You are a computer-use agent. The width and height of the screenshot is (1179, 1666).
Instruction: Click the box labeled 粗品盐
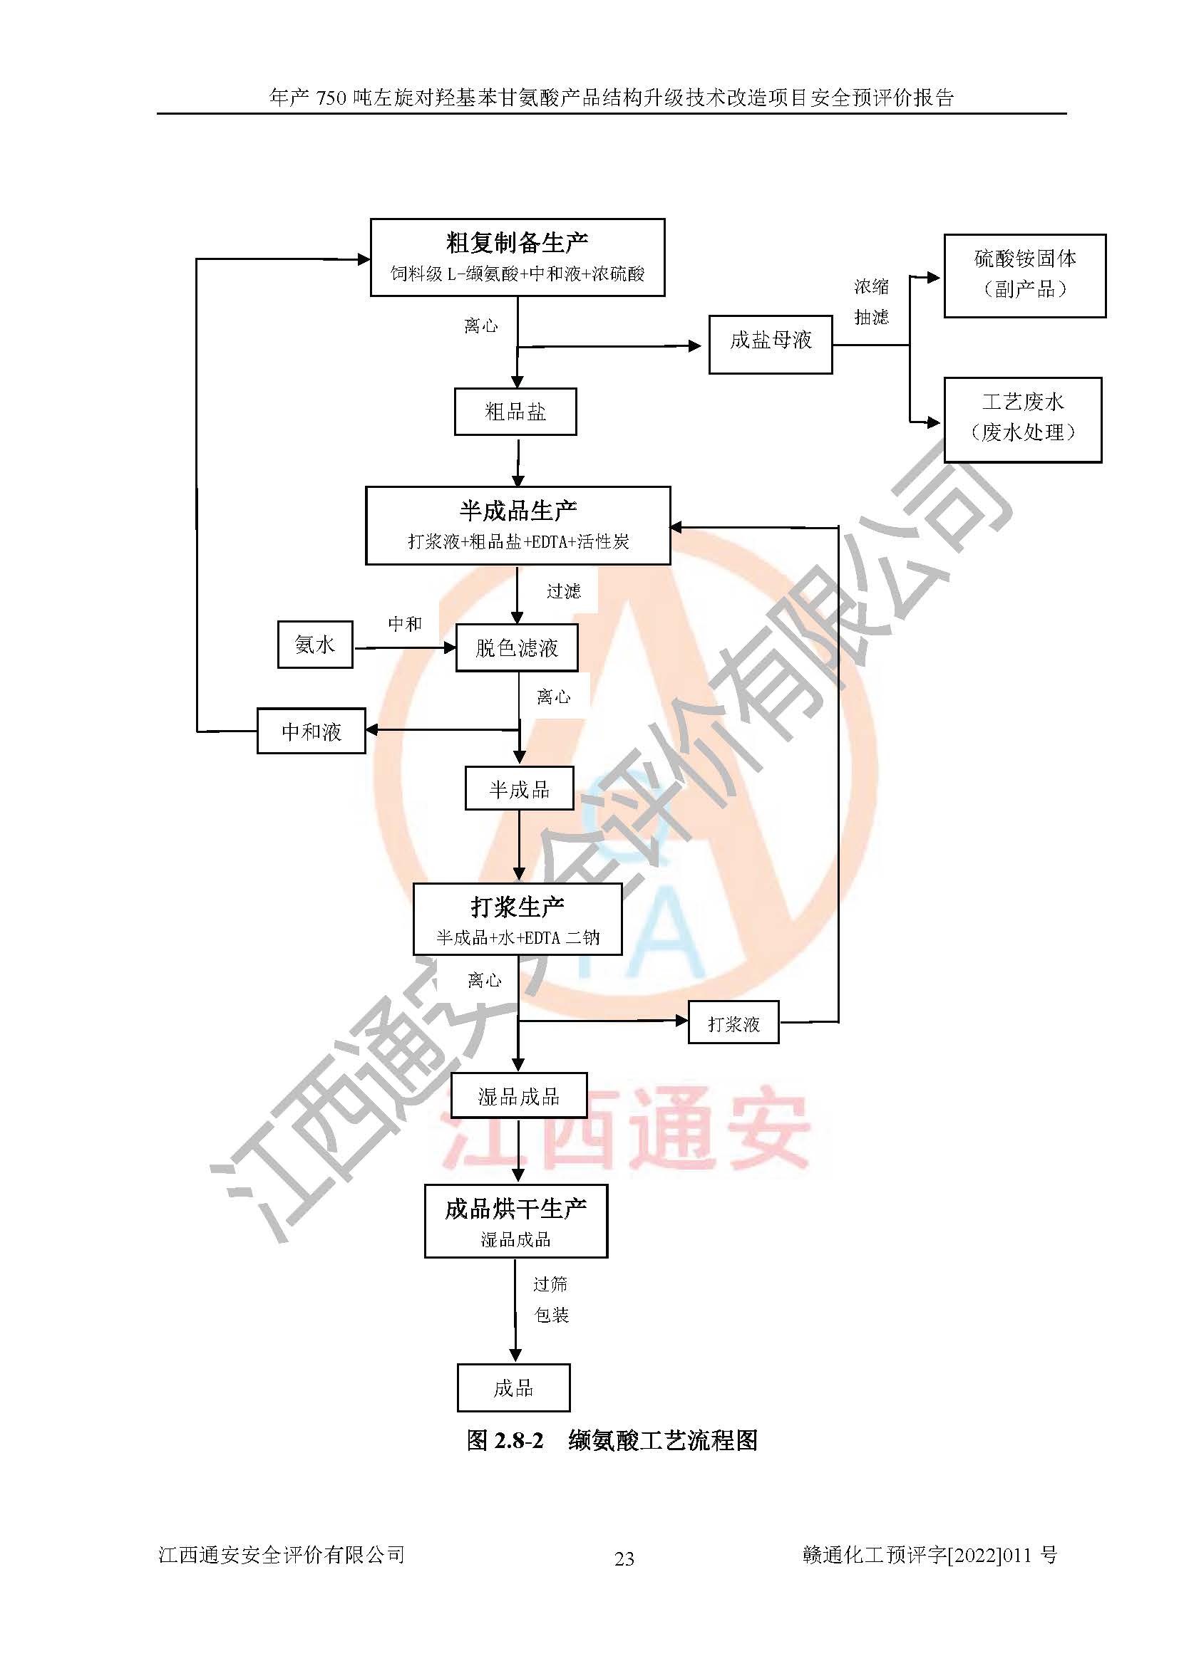pyautogui.click(x=515, y=412)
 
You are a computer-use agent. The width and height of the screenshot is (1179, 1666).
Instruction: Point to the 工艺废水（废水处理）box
pyautogui.click(x=1022, y=419)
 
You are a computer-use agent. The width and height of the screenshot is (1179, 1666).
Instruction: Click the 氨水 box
pyautogui.click(x=315, y=645)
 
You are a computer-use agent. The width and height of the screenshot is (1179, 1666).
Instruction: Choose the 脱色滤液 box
pyautogui.click(x=517, y=648)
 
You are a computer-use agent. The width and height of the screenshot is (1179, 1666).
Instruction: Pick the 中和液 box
pyautogui.click(x=312, y=732)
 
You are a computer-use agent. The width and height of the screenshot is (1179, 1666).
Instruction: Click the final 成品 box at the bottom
pyautogui.click(x=513, y=1388)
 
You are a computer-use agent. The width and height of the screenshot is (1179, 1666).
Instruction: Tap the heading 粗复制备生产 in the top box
pyautogui.click(x=517, y=243)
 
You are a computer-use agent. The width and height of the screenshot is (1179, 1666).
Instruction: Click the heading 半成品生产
pyautogui.click(x=518, y=511)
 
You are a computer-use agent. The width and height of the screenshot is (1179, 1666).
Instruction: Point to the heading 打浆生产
pyautogui.click(x=517, y=907)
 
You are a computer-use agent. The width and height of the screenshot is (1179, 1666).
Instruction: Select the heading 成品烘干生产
pyautogui.click(x=515, y=1209)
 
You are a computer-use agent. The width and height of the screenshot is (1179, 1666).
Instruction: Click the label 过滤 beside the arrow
pyautogui.click(x=563, y=591)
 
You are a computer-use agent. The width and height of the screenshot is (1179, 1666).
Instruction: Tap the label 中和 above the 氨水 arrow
pyautogui.click(x=404, y=624)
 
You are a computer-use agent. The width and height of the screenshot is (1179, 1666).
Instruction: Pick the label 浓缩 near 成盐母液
pyautogui.click(x=871, y=286)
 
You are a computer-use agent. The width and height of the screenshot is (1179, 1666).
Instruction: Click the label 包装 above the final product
pyautogui.click(x=551, y=1315)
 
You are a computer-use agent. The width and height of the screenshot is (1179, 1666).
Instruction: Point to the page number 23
pyautogui.click(x=624, y=1558)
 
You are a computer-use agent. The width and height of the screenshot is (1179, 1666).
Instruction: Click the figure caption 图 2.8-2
pyautogui.click(x=505, y=1439)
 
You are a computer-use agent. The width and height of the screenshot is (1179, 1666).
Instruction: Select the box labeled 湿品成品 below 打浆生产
pyautogui.click(x=518, y=1096)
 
